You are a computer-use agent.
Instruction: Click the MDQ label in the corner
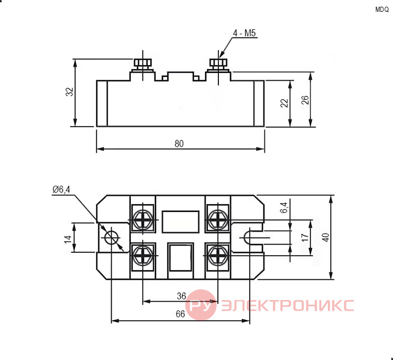(382, 10)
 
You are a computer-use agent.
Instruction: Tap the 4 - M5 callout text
(244, 33)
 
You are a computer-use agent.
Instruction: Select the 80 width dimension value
(179, 144)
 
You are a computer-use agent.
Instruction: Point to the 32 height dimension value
(70, 91)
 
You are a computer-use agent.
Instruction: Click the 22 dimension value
(284, 103)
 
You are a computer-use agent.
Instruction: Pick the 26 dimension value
(305, 100)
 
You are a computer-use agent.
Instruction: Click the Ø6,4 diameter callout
(61, 190)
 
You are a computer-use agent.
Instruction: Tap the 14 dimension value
(68, 239)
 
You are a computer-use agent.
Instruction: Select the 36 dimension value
(181, 296)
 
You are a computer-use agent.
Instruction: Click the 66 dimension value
(180, 314)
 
